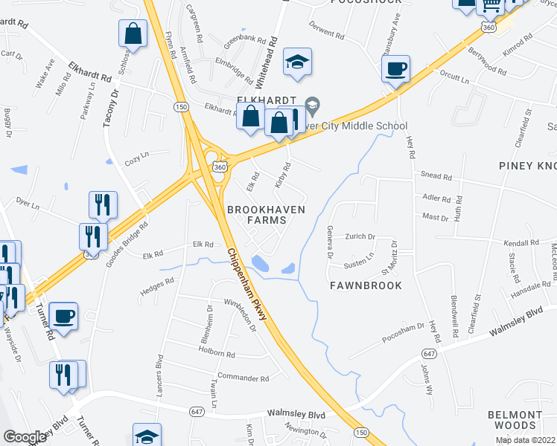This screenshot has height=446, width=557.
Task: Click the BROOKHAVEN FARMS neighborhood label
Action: (x=266, y=215)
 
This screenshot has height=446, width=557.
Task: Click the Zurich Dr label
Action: (x=360, y=236)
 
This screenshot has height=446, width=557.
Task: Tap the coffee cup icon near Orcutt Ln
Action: (x=395, y=69)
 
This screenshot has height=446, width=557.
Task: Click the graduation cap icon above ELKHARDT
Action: (x=298, y=65)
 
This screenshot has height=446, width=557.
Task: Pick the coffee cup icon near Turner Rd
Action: (x=64, y=317)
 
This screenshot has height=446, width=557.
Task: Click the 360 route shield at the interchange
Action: (x=219, y=167)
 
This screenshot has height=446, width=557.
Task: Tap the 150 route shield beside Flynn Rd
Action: (x=180, y=108)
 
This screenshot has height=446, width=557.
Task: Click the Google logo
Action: (x=25, y=437)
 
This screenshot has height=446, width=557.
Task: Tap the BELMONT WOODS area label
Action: (x=515, y=420)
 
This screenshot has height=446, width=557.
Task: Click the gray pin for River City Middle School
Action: (x=313, y=106)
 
